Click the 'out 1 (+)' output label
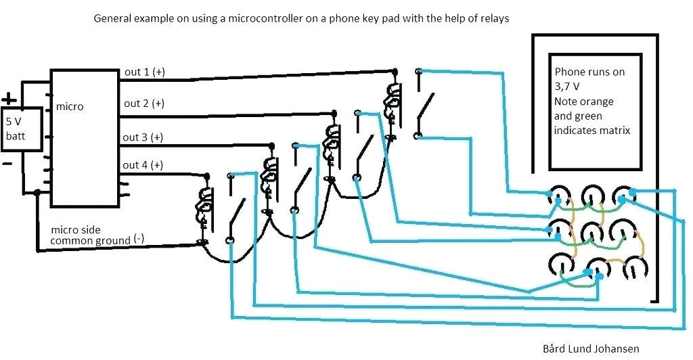143,72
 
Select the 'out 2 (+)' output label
143,104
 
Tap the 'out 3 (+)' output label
143,137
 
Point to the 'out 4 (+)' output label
143,165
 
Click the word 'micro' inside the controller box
70,107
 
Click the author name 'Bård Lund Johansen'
591,348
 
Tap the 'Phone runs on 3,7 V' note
589,78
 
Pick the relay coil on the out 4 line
203,203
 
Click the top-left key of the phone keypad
559,196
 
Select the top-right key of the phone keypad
624,196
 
